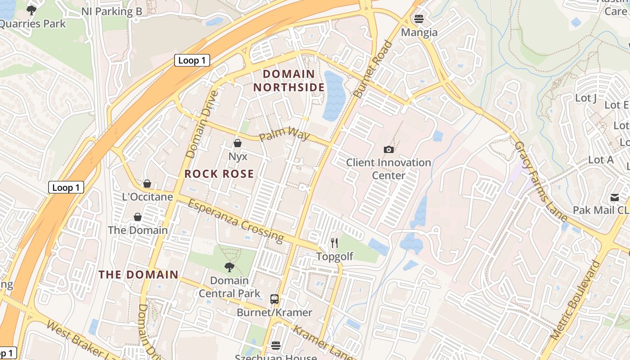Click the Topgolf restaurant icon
click(x=334, y=243)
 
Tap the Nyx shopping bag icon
click(x=238, y=143)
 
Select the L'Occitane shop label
click(x=148, y=197)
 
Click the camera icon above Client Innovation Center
click(x=388, y=149)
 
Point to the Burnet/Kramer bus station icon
click(x=274, y=299)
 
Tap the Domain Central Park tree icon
click(x=229, y=267)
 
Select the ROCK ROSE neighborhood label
click(x=219, y=174)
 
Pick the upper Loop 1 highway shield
click(x=192, y=60)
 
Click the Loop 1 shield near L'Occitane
click(x=66, y=188)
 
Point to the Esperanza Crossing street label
click(x=236, y=220)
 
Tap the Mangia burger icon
click(x=419, y=19)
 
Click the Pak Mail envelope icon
click(x=615, y=198)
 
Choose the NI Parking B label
click(x=112, y=12)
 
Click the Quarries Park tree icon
click(x=31, y=10)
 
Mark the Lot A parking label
click(x=601, y=160)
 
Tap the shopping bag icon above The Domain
click(x=138, y=217)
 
